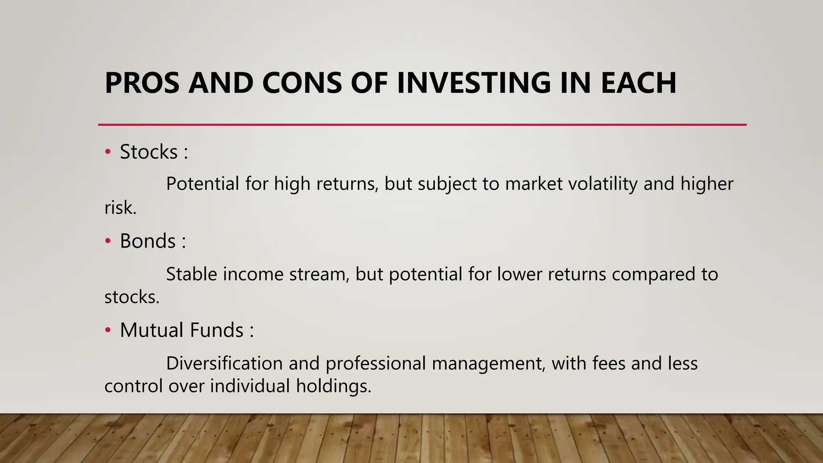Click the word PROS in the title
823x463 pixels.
(x=142, y=83)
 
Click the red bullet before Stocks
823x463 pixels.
(x=107, y=152)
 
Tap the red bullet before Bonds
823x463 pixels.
(x=107, y=241)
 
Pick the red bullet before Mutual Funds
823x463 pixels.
(x=107, y=330)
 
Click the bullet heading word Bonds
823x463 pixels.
(x=147, y=241)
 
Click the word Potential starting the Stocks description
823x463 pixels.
(x=203, y=184)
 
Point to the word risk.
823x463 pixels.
(x=120, y=208)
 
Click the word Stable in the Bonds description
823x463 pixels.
(x=191, y=275)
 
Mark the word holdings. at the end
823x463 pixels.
(x=333, y=386)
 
